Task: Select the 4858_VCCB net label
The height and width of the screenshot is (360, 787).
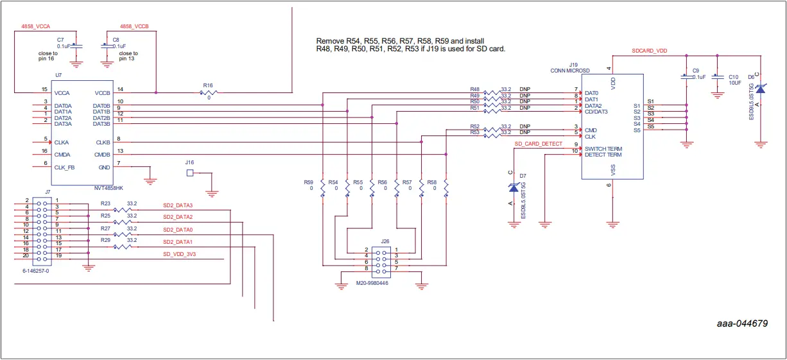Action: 135,26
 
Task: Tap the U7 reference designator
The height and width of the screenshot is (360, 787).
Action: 58,75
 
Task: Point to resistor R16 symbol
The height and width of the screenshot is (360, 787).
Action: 207,92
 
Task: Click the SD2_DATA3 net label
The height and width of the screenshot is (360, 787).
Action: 178,205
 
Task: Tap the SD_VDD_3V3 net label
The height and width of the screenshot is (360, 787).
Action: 179,254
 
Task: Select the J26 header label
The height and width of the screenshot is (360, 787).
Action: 385,241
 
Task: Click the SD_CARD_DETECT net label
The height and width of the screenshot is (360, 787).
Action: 538,144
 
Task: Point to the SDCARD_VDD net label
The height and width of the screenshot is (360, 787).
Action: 649,49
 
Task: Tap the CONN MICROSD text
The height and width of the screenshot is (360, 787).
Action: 569,70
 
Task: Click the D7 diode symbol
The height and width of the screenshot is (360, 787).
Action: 513,187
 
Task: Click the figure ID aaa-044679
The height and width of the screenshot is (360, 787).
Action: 742,323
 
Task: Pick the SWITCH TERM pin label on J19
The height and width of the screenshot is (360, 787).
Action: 603,149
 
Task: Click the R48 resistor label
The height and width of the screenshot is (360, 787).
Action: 474,89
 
